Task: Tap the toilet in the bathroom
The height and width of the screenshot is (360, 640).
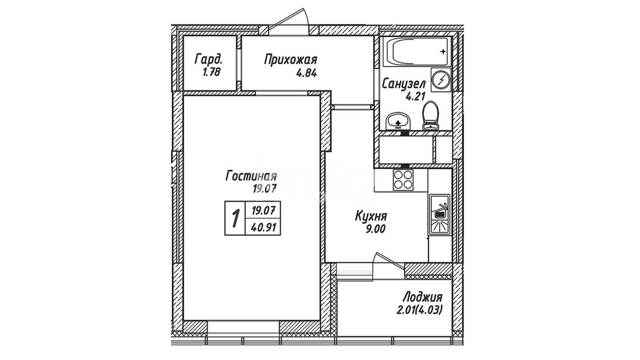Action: point(431,116)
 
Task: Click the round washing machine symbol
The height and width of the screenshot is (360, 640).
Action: point(441,80)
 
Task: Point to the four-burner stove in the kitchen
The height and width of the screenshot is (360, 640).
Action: point(403,179)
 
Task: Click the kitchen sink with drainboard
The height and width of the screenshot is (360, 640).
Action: point(440,215)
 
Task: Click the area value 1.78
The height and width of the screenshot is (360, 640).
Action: point(211,72)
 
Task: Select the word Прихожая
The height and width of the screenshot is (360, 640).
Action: point(291,61)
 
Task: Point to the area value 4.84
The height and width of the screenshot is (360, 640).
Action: point(307,73)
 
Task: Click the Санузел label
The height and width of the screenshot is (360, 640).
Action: point(404,84)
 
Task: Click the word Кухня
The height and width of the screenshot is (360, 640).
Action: point(371,216)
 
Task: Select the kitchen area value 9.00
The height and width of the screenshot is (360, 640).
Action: point(376,229)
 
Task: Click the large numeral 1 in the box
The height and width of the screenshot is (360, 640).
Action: point(235,218)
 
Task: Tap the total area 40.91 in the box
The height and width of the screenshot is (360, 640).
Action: point(263,228)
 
